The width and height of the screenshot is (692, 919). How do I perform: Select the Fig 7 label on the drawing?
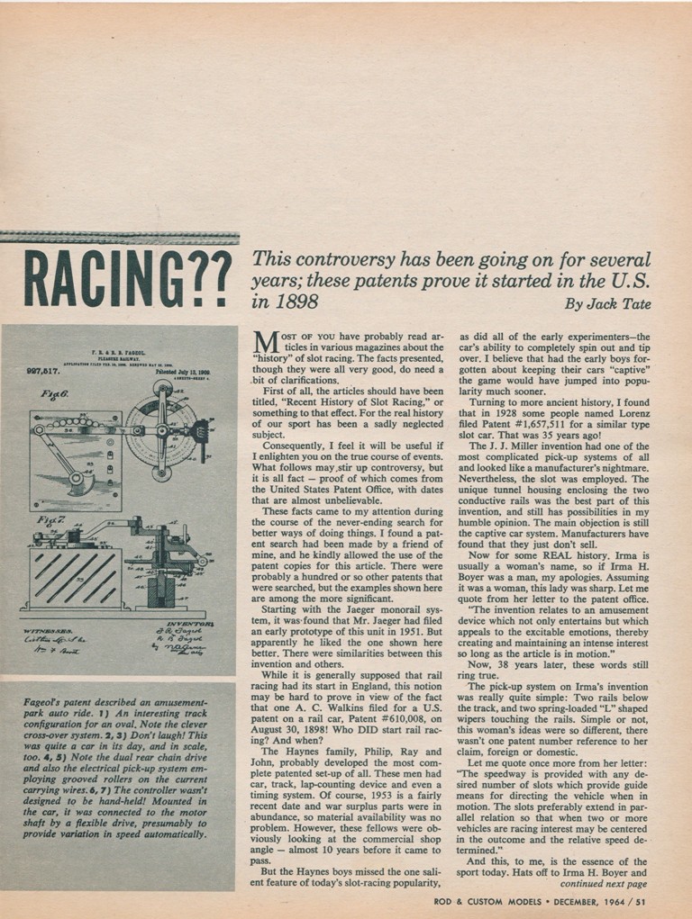[46, 520]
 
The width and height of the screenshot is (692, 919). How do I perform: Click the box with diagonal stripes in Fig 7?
[76, 577]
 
